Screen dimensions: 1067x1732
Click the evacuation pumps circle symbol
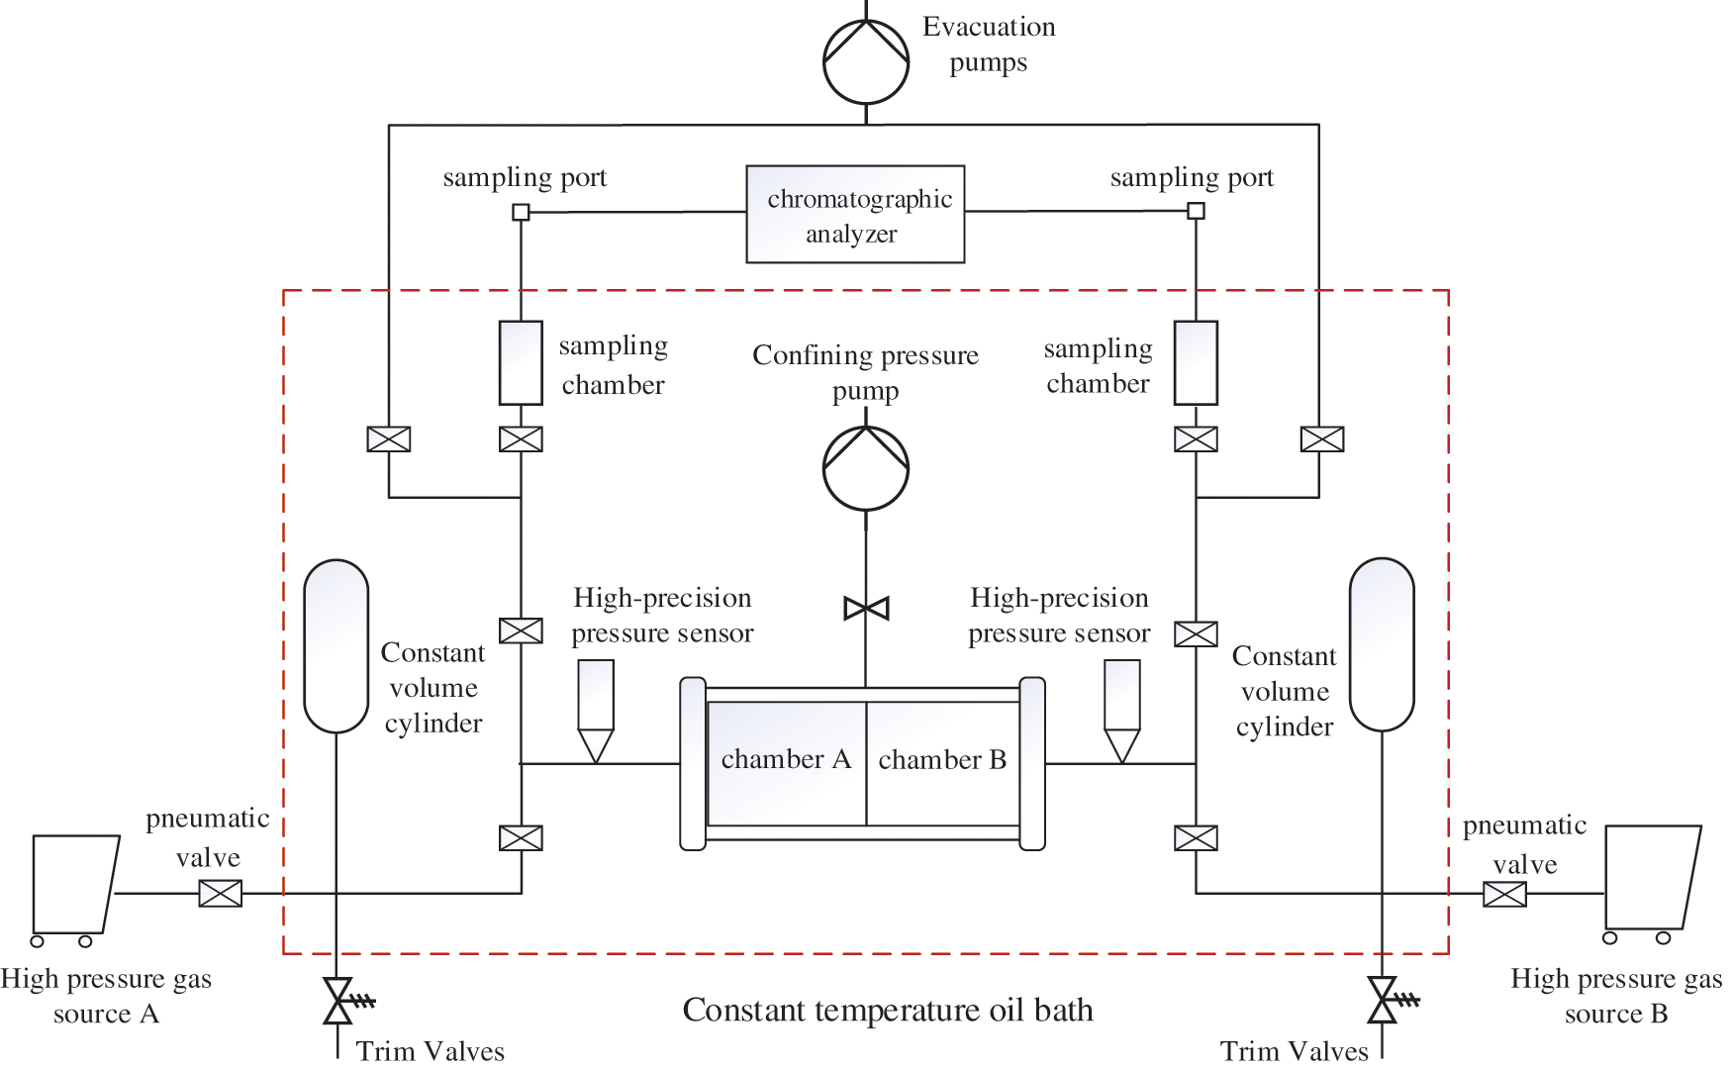pos(866,60)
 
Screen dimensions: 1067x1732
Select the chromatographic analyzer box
pos(855,214)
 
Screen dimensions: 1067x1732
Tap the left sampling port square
pos(521,212)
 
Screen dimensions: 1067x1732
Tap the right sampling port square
pos(1196,210)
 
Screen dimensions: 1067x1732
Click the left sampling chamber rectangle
pos(521,362)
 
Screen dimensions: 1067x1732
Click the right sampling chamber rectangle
pos(1196,362)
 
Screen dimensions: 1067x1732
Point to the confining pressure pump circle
pos(866,468)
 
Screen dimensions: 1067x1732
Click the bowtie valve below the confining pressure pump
pos(866,608)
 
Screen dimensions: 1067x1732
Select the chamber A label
pos(786,759)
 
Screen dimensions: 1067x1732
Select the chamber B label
pos(942,759)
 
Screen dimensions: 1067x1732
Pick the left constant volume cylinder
pos(336,645)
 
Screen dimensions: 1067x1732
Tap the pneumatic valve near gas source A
pos(220,894)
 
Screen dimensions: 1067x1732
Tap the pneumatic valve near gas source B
pos(1504,894)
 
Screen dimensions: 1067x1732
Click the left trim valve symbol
pos(338,1001)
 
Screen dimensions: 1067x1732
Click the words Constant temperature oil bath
pos(888,1010)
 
